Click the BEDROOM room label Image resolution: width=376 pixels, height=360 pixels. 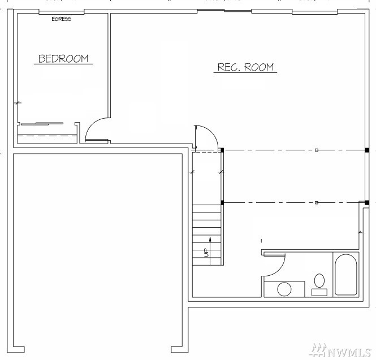[63, 59]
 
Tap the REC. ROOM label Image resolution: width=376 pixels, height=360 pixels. [245, 67]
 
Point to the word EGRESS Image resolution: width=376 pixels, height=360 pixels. [62, 19]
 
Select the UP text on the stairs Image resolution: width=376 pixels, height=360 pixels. [206, 253]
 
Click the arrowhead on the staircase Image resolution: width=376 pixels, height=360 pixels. [210, 239]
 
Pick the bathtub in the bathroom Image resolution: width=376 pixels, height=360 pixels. [346, 275]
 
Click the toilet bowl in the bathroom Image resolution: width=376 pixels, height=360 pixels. [319, 281]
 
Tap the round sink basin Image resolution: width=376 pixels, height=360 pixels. [284, 289]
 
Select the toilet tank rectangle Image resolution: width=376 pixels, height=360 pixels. [319, 292]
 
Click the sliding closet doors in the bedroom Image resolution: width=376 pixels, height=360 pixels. [42, 124]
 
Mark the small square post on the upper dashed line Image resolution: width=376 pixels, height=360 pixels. [317, 150]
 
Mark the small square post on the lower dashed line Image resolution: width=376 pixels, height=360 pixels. [317, 203]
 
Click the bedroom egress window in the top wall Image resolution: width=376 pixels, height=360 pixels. [62, 12]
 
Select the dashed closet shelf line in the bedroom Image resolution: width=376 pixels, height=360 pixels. [47, 136]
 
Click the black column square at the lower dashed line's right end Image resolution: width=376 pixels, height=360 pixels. [367, 203]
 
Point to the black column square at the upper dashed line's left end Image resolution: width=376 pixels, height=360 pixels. [222, 150]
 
